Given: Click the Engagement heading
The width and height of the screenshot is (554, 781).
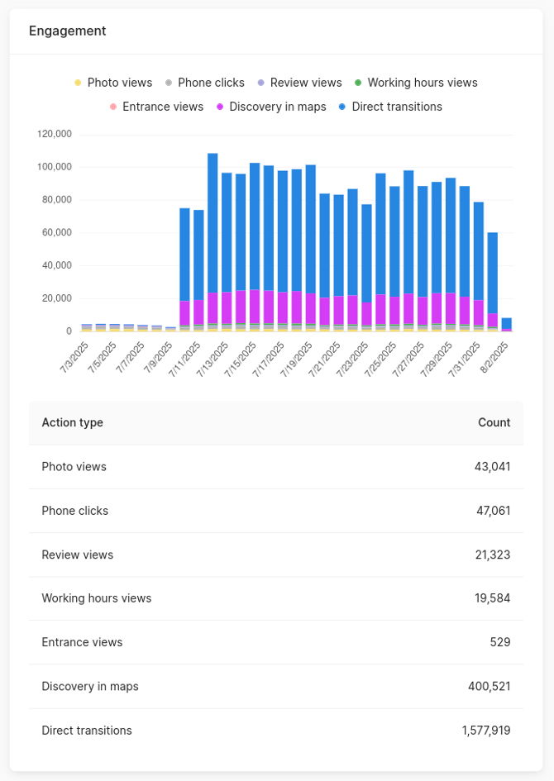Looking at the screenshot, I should [x=68, y=31].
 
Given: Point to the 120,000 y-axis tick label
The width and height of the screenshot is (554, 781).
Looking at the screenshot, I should [x=55, y=134].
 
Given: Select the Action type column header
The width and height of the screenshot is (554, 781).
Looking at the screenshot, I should [x=73, y=422].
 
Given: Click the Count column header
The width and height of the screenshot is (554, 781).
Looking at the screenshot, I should [x=494, y=422].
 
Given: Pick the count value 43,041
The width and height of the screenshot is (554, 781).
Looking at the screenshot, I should [x=492, y=467].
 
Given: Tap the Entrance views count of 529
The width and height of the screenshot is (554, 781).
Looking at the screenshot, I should [x=499, y=642].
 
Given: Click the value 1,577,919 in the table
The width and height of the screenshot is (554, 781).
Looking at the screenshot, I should [x=486, y=731].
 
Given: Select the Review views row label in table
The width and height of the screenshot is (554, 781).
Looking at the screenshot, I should [x=78, y=555].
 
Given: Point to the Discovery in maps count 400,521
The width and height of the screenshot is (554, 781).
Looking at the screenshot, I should [x=488, y=686].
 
